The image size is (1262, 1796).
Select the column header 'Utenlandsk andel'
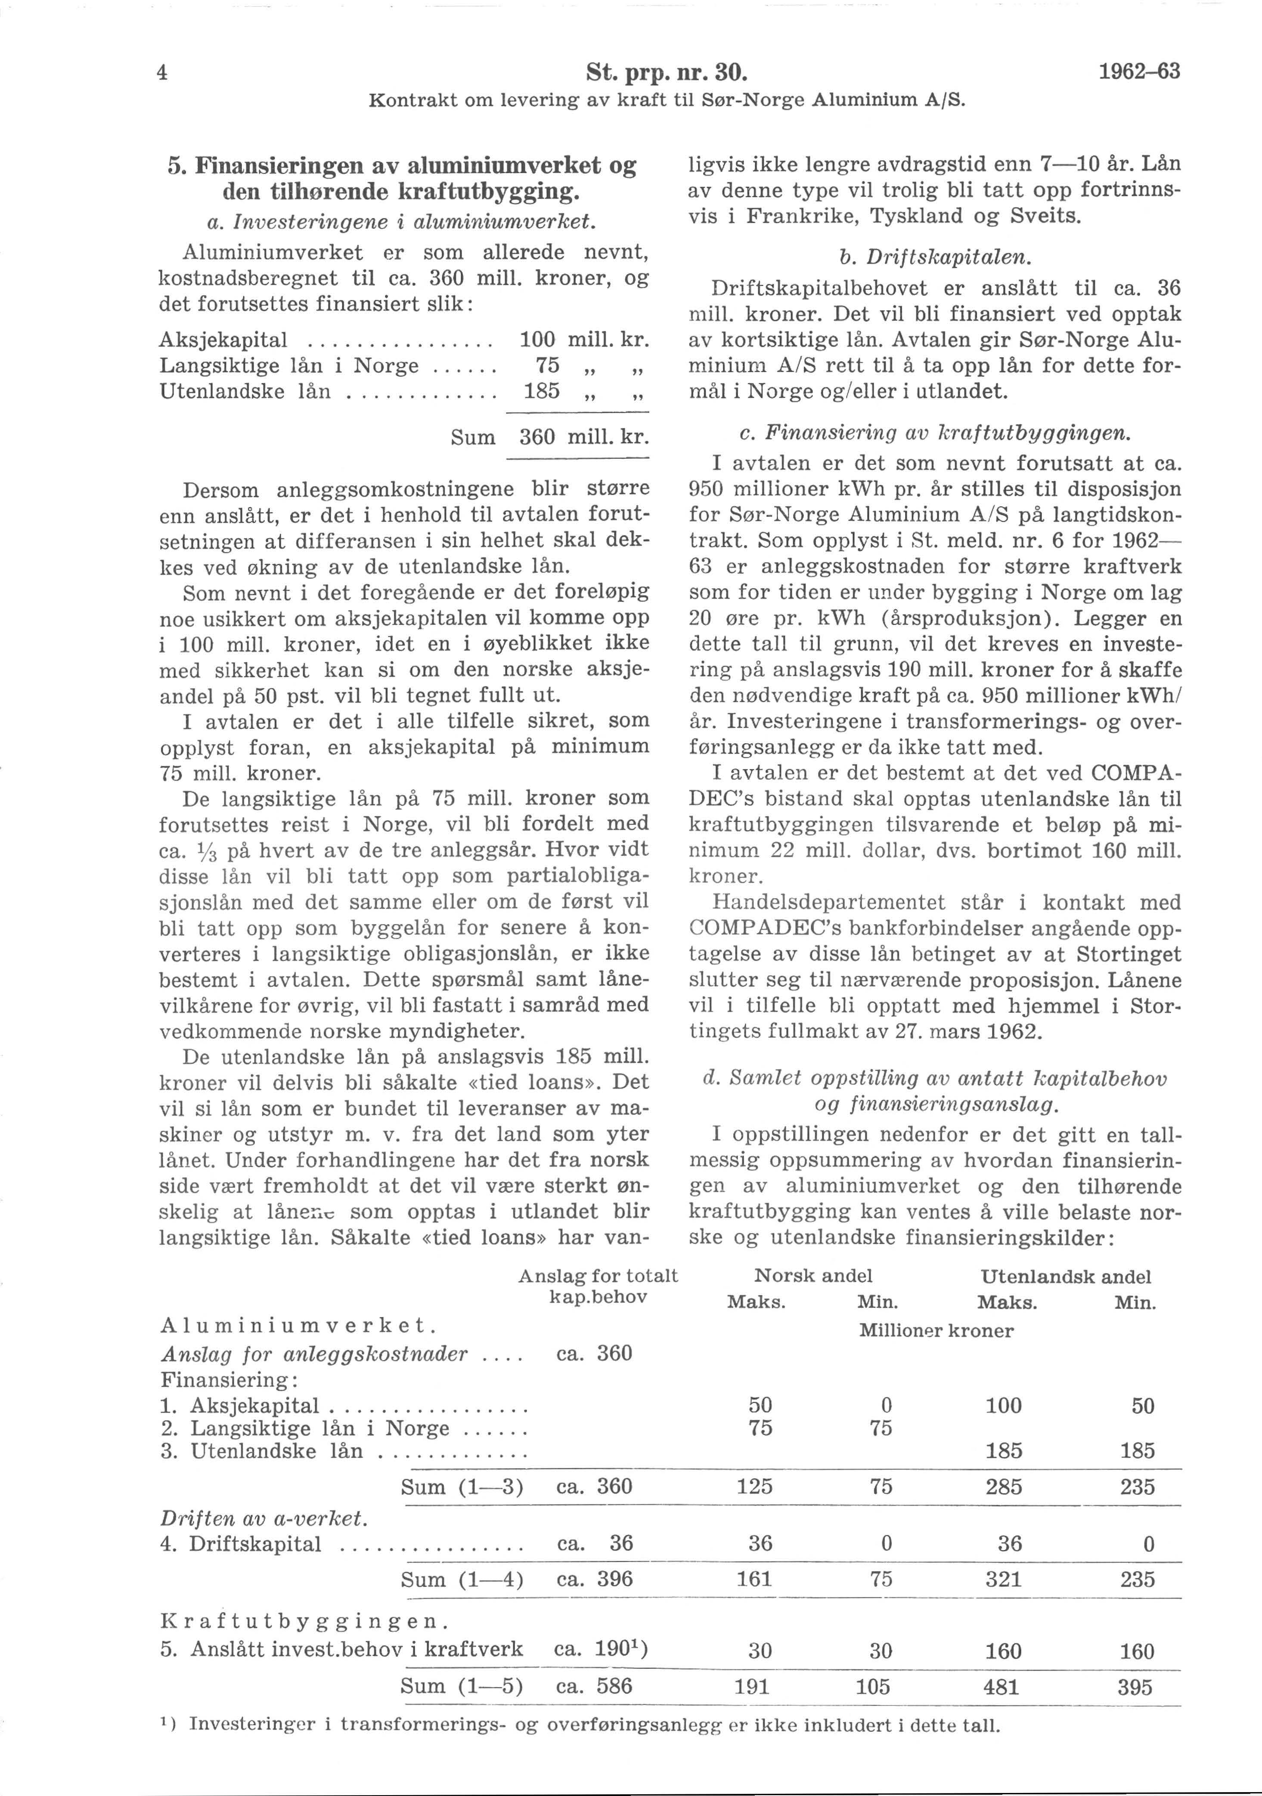[x=1065, y=1276]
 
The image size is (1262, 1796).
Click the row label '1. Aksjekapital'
[x=240, y=1406]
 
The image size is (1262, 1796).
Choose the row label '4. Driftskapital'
[x=241, y=1544]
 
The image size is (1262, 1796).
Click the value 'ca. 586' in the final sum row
[x=593, y=1686]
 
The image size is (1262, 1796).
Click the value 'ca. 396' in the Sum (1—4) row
[x=593, y=1578]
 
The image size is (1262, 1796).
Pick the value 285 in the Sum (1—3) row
[x=1003, y=1486]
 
